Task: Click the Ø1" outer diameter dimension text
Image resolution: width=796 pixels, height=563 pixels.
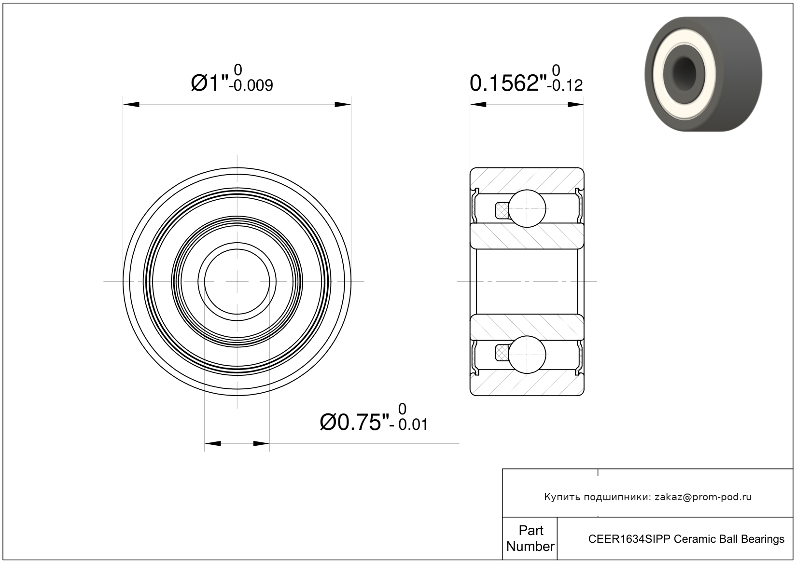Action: [x=209, y=83]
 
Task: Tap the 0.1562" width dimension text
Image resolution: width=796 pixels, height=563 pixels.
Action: [x=508, y=83]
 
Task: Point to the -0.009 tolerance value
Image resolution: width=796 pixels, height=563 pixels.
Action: [x=251, y=85]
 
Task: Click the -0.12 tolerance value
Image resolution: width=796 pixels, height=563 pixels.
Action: [x=565, y=85]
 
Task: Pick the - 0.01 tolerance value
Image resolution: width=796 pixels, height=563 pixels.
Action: [x=409, y=425]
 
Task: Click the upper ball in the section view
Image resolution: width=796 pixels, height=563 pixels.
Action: [x=527, y=208]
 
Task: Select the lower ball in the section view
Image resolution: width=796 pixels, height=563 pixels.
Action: [x=527, y=355]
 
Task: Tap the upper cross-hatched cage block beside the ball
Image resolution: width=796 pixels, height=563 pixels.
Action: [x=502, y=210]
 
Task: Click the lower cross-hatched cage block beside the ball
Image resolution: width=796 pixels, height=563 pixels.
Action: [x=502, y=353]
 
